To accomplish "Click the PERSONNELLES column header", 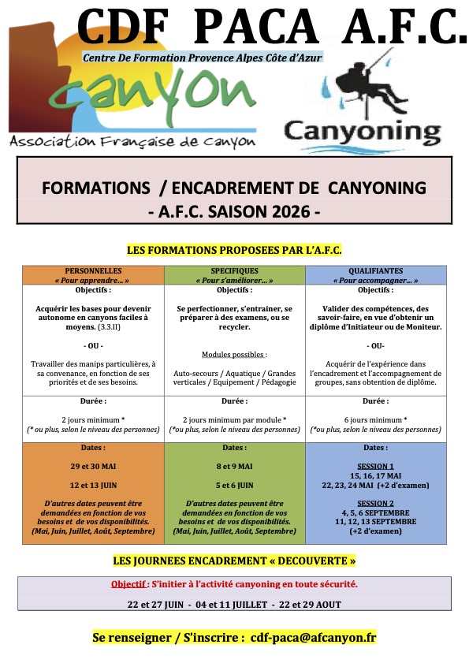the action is click(x=92, y=270).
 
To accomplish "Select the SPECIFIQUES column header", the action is click(x=233, y=270).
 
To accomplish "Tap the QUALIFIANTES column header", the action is click(x=375, y=270).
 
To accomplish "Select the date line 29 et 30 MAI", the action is click(x=92, y=466).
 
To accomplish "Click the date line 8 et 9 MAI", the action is click(x=233, y=466).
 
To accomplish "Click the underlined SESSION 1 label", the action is click(x=375, y=466).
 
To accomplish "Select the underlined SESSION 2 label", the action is click(x=375, y=504).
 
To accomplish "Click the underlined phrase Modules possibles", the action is click(x=233, y=355).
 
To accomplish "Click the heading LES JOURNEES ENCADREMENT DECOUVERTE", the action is click(x=234, y=561).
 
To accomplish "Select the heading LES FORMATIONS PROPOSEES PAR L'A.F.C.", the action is click(x=234, y=251).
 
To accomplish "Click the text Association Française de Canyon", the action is click(x=132, y=141).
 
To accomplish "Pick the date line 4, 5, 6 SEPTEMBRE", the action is click(x=375, y=513).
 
